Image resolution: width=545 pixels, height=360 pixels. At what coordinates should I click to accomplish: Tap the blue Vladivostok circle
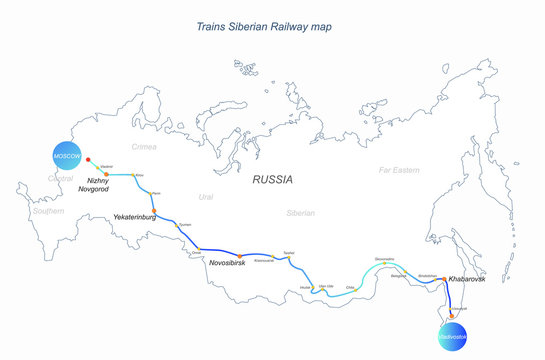click(452, 335)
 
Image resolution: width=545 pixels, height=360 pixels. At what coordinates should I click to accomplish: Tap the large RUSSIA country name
click(272, 181)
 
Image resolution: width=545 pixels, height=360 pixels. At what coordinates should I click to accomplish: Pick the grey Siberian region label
click(300, 213)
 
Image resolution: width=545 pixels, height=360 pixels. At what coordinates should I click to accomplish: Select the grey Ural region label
click(207, 197)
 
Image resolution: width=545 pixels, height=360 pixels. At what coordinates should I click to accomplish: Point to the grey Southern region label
click(47, 211)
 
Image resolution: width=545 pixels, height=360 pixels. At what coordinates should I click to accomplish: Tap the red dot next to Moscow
click(89, 159)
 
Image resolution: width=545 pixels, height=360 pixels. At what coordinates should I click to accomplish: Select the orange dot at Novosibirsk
click(240, 257)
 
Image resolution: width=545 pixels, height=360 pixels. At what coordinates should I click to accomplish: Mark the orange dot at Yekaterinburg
click(155, 210)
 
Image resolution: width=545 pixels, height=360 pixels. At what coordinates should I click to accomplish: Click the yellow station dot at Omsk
click(200, 248)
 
